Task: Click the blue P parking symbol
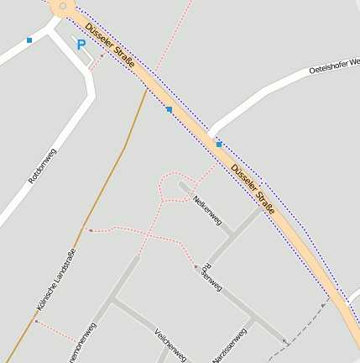click(81, 45)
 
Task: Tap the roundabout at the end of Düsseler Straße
click(61, 7)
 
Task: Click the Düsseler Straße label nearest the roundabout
click(110, 46)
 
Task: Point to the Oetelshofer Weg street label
click(333, 66)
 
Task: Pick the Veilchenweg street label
click(170, 345)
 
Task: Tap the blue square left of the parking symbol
click(29, 39)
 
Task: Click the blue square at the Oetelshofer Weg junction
click(218, 145)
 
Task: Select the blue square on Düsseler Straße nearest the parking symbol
click(169, 109)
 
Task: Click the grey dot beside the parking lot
click(102, 56)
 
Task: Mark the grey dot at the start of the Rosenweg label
click(196, 266)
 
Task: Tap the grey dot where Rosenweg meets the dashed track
click(284, 341)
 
